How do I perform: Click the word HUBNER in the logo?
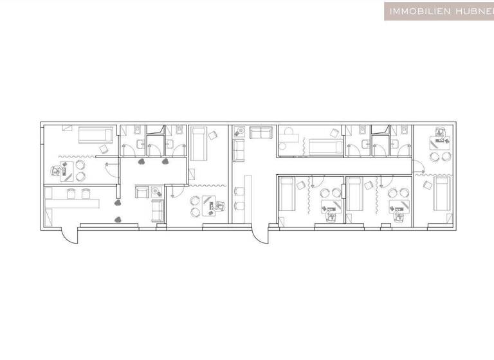471,11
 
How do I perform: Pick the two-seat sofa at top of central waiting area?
261,132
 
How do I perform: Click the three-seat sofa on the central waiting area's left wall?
238,151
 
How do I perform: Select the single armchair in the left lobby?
142,191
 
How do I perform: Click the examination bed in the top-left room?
95,136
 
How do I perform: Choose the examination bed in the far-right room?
441,194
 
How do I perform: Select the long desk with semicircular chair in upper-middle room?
288,138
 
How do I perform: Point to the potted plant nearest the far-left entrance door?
118,220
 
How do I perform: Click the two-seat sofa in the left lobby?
156,211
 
